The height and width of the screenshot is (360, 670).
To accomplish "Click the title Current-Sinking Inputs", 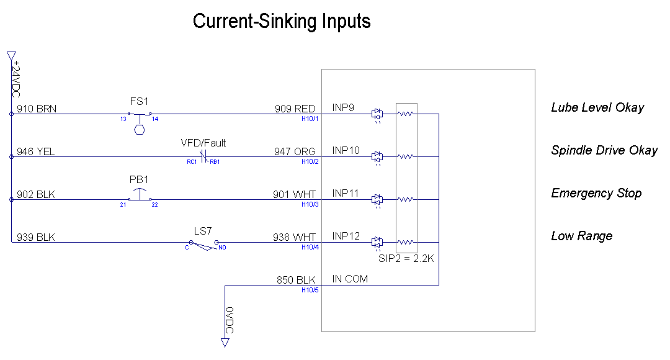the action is coord(282,21).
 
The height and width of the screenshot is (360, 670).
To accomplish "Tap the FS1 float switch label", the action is coord(140,101).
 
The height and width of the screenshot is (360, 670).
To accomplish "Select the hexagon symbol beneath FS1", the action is coord(140,130).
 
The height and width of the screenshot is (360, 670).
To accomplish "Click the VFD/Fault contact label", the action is coord(203,143).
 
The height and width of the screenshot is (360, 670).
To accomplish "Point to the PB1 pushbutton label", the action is coord(139,179).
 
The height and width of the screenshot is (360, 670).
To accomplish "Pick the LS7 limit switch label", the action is coord(203,231).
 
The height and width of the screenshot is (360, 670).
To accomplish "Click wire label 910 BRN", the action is coord(37,109).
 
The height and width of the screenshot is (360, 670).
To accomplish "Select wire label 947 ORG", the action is coord(295,151).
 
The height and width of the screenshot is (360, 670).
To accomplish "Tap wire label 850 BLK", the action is coord(296,280).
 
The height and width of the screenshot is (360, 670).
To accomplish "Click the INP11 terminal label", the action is coord(346,193).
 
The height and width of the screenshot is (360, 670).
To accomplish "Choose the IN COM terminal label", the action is coord(350,279).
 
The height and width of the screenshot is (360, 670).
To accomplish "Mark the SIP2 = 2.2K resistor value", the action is coord(406,258).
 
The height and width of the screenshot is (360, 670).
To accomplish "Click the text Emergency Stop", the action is coord(597,193).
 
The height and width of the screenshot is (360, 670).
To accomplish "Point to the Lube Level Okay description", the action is coord(598,108).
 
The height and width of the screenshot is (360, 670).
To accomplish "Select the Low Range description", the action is coord(582,236).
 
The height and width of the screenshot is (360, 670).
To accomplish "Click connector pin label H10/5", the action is coord(310,290).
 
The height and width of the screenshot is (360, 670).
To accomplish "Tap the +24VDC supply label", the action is coord(16,79).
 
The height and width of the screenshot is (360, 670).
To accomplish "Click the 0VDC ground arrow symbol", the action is coord(225,343).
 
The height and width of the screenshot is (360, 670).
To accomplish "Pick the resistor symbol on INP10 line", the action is coord(406,156).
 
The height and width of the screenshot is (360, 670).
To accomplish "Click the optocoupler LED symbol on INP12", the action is coord(377,243).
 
